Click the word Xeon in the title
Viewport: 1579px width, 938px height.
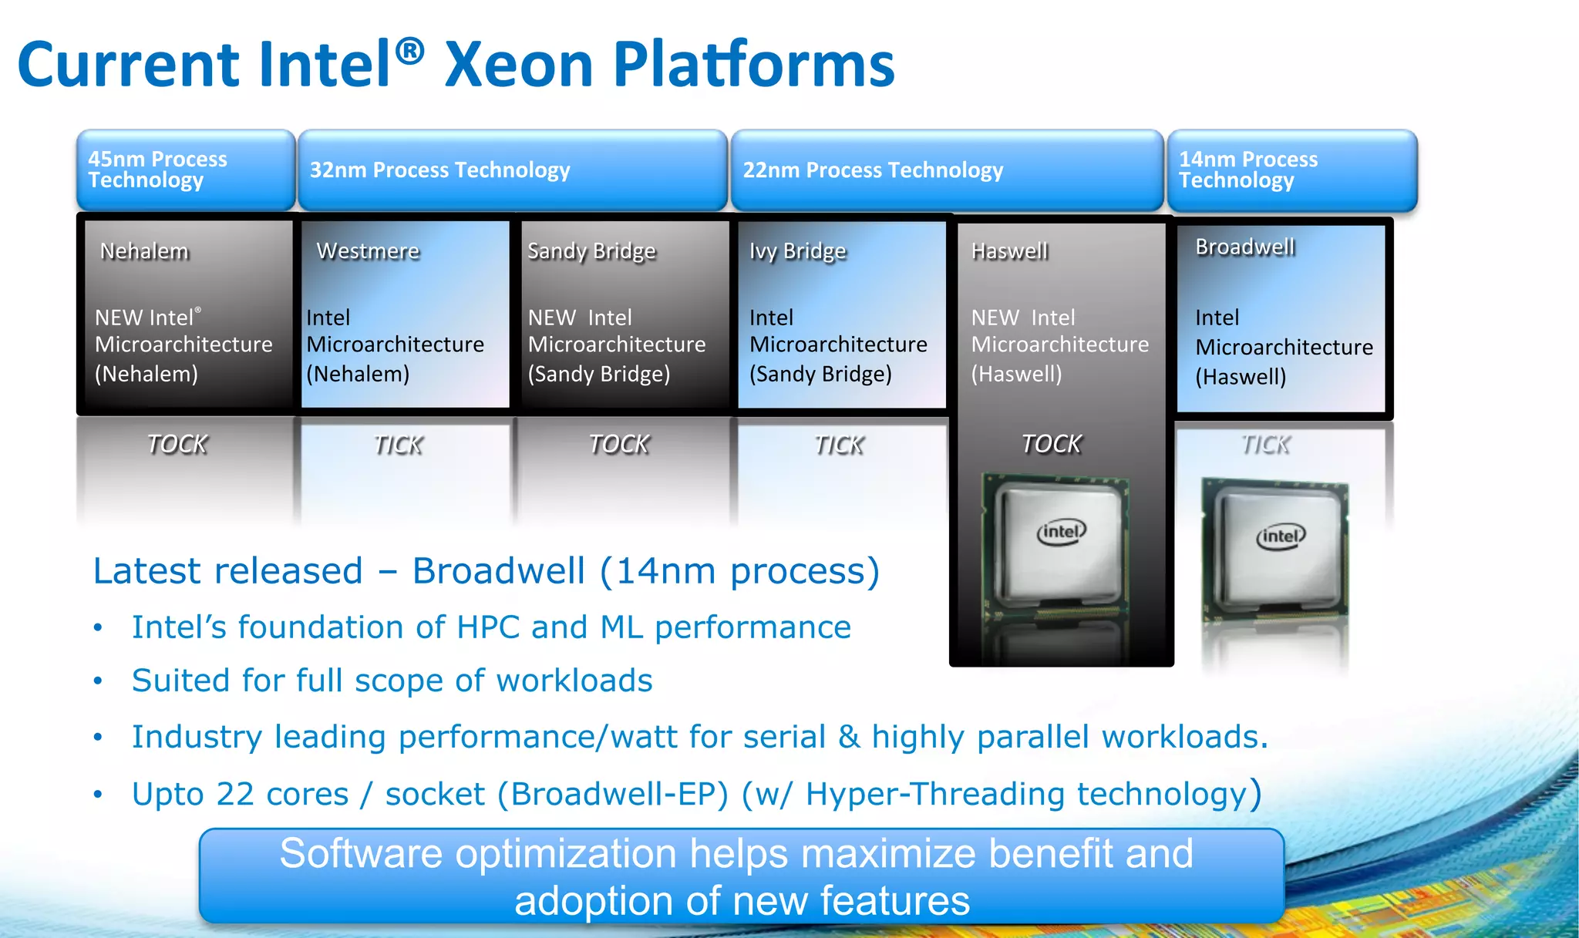click(518, 65)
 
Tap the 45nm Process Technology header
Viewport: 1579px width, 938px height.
click(185, 170)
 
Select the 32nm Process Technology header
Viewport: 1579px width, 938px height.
click(512, 170)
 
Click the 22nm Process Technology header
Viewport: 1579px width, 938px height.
click(947, 170)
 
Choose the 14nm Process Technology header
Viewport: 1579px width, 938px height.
click(1292, 170)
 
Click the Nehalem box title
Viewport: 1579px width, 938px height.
click(144, 251)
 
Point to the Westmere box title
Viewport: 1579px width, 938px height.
click(368, 251)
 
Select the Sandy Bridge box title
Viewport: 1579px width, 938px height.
click(591, 251)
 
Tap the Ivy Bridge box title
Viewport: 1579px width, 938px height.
click(797, 251)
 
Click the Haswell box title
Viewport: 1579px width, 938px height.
click(1009, 251)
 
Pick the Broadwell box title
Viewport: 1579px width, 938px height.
click(1244, 247)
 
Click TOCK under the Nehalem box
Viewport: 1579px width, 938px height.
click(177, 444)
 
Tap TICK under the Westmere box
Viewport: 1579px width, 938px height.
click(398, 445)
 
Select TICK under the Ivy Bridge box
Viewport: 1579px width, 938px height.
click(839, 445)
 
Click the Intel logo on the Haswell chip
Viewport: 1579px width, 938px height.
click(1061, 532)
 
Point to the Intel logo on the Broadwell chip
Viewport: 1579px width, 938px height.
click(1281, 536)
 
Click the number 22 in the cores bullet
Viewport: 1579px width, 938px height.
click(235, 795)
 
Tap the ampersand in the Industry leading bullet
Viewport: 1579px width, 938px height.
click(848, 737)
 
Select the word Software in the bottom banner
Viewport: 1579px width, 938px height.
click(361, 854)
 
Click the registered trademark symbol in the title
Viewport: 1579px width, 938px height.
click(409, 52)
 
